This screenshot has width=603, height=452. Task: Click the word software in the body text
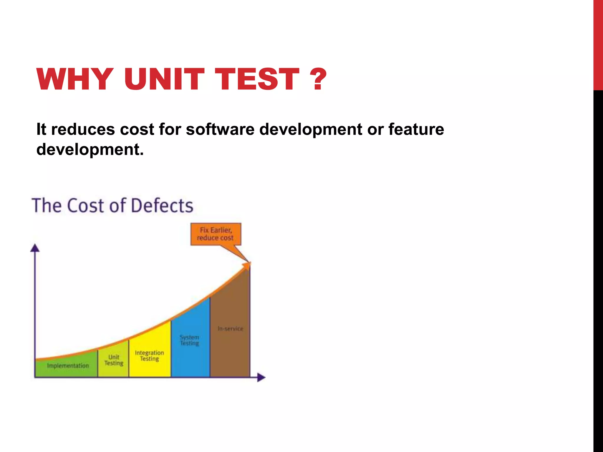click(x=220, y=129)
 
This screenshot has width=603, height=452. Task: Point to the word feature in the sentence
click(x=416, y=129)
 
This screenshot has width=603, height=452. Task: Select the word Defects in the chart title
click(x=162, y=205)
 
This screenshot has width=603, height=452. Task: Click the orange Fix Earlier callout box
click(x=216, y=234)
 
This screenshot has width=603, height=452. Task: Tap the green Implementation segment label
click(x=68, y=366)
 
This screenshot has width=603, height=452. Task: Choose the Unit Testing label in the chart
click(x=114, y=360)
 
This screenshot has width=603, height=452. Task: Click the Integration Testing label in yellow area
click(x=149, y=356)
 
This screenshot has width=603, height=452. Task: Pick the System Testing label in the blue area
click(x=190, y=340)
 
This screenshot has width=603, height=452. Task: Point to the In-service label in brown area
click(x=230, y=329)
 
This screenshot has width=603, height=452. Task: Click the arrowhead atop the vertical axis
click(x=35, y=248)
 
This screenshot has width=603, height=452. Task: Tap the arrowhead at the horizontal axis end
click(x=261, y=377)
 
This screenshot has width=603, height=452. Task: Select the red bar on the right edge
click(x=598, y=44)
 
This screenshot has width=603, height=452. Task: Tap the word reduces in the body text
click(x=83, y=129)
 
